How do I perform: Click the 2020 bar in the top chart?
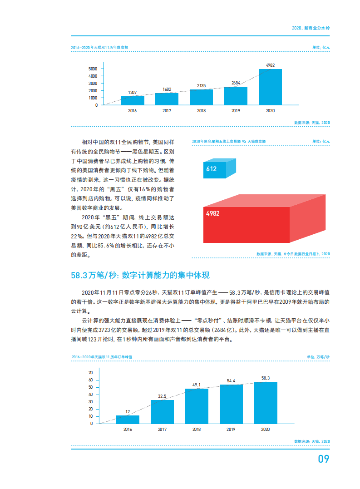(270, 87)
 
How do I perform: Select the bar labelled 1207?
(133, 100)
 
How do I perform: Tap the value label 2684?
(236, 83)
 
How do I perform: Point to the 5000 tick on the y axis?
(93, 69)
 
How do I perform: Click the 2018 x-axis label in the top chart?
(201, 111)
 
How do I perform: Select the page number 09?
(323, 459)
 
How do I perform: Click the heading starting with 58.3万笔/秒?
(140, 275)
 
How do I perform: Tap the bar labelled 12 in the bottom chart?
(128, 419)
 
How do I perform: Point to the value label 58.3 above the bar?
(266, 378)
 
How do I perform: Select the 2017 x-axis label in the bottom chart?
(162, 429)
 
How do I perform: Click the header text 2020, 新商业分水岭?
(311, 28)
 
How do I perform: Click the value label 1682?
(167, 89)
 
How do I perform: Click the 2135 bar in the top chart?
(201, 97)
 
